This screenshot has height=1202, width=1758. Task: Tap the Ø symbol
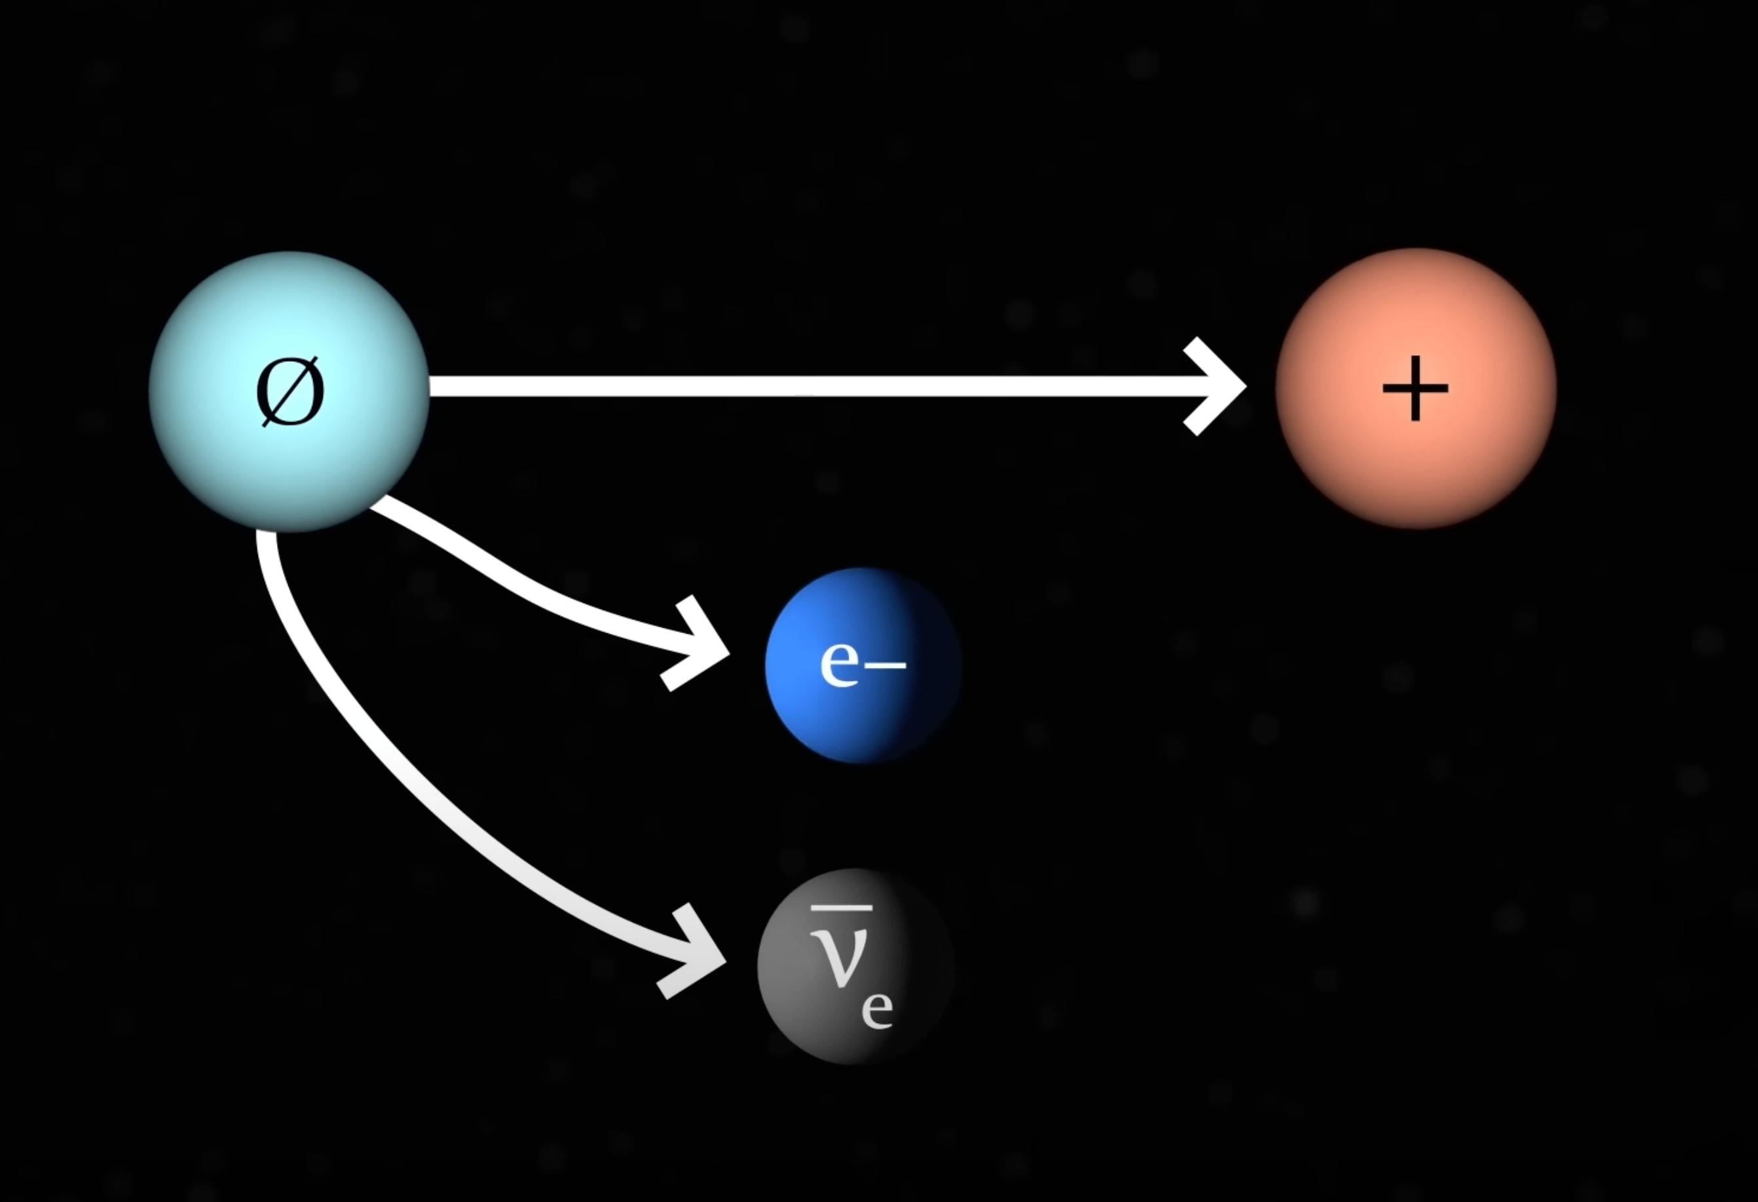point(290,392)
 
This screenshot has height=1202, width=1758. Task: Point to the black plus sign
point(1415,388)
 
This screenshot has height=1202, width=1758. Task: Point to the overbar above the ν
point(840,907)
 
